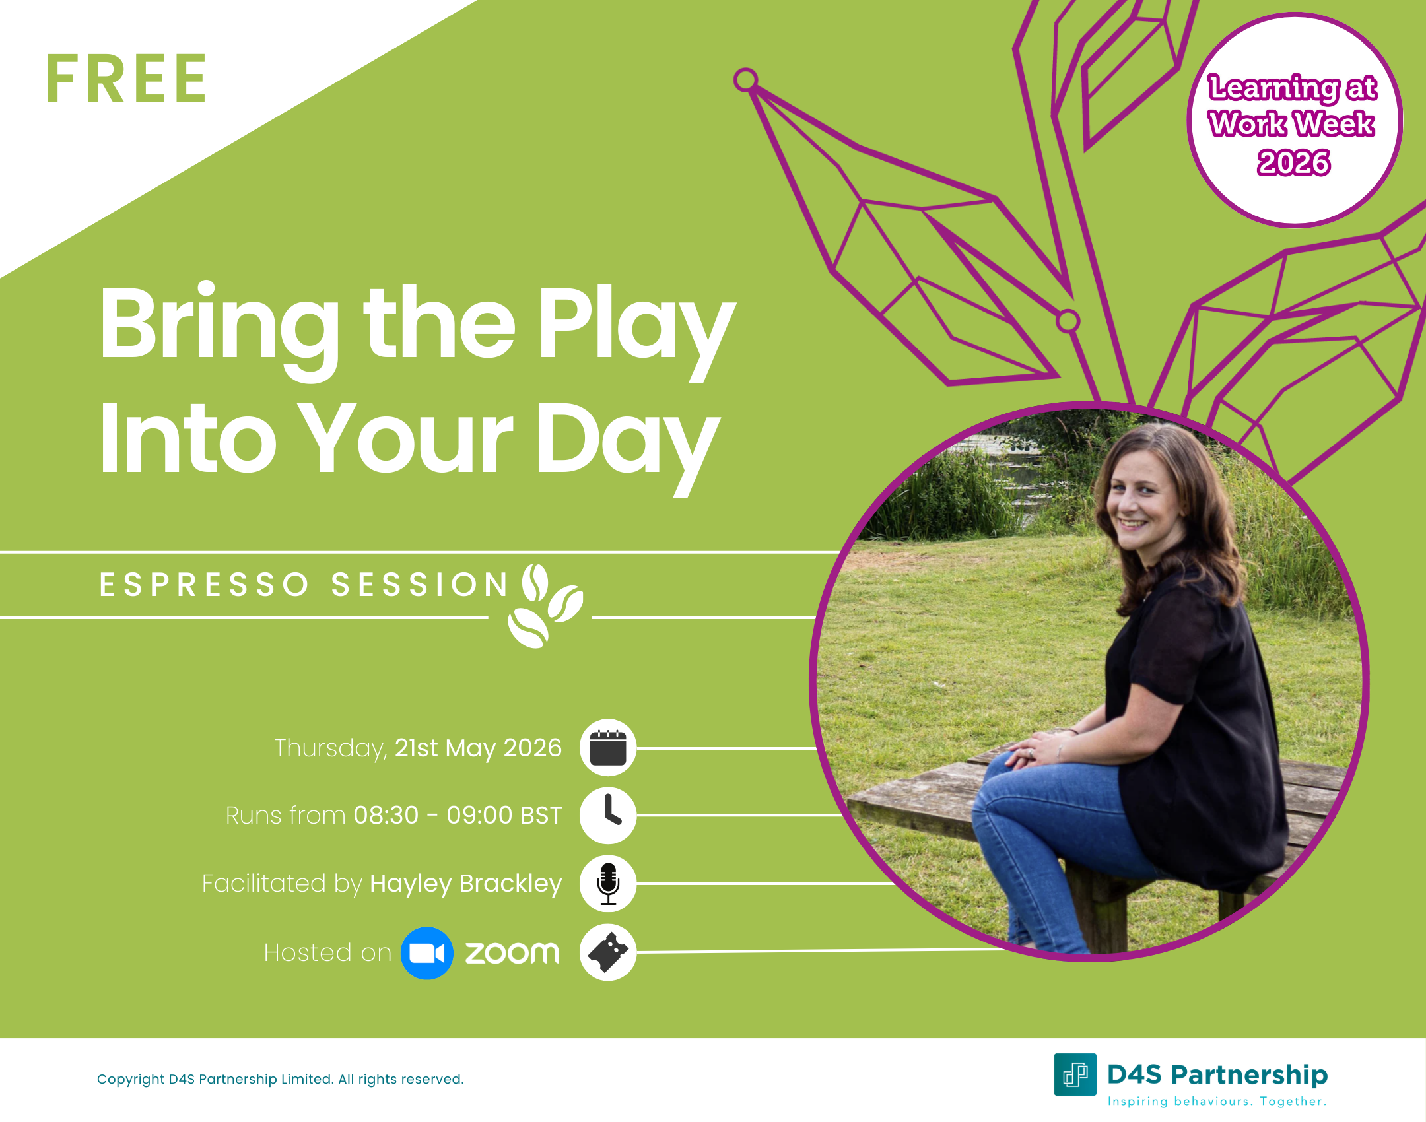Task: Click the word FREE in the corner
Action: pos(126,80)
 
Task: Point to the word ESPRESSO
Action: pos(204,585)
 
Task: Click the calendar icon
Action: pos(607,748)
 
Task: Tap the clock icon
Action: pos(607,815)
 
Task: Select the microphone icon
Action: pos(607,884)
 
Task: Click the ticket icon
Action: pos(607,952)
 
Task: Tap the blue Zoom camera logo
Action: pos(426,953)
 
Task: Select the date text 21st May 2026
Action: pos(478,748)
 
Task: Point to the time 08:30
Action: pos(386,815)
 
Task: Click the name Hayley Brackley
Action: pos(465,883)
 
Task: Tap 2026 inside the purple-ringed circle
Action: pos(1293,162)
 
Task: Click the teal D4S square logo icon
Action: pos(1075,1074)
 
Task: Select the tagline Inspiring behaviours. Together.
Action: pos(1217,1101)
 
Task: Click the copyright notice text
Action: pos(280,1079)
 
